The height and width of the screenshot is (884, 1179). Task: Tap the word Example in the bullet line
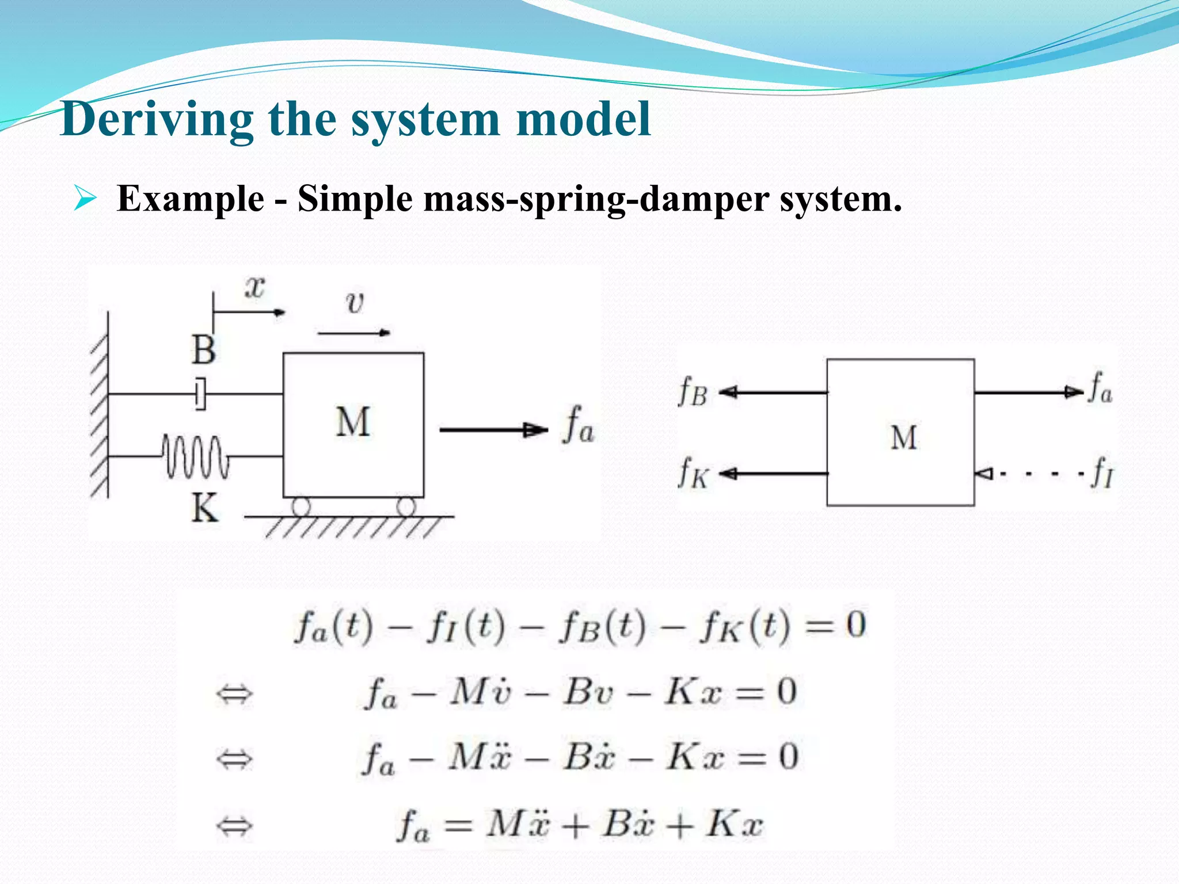190,199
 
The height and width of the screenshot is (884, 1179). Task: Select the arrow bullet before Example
85,199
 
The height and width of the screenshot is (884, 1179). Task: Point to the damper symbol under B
200,394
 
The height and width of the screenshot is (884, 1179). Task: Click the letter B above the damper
204,350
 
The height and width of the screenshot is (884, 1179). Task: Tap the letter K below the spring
205,509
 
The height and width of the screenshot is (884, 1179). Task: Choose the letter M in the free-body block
903,438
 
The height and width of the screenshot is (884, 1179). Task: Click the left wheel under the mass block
301,507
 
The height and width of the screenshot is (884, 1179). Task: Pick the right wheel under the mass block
406,507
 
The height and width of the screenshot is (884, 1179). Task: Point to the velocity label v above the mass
355,302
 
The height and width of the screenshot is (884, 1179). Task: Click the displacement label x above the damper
254,287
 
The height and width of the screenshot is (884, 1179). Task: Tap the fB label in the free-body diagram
693,393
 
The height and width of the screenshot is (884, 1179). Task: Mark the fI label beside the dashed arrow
1102,473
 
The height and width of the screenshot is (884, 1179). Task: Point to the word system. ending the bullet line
840,199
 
